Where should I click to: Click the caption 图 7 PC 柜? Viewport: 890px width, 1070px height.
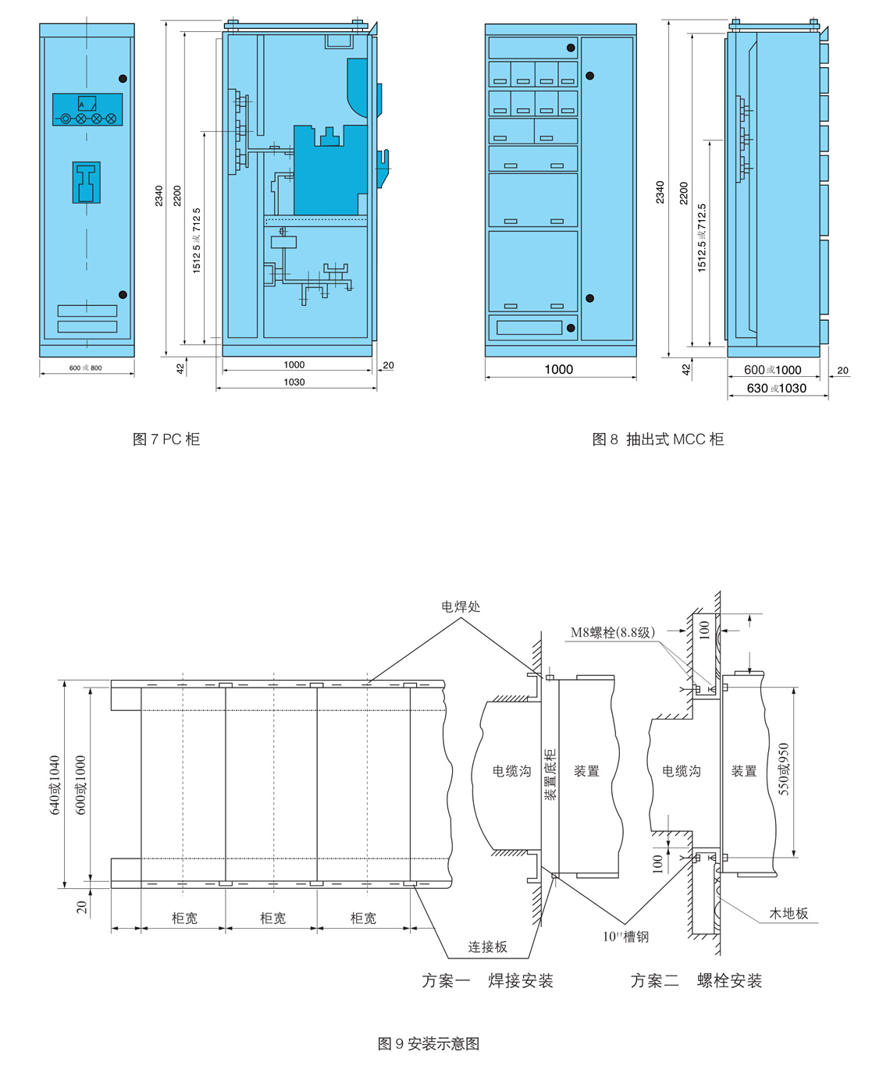click(166, 439)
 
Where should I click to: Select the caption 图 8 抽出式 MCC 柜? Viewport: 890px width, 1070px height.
click(658, 439)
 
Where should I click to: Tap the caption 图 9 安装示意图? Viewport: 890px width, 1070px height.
click(429, 1043)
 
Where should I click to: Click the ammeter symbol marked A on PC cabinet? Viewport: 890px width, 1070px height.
click(87, 104)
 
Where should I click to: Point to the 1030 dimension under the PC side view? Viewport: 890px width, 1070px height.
click(294, 382)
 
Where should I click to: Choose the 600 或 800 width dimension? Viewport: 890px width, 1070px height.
click(86, 368)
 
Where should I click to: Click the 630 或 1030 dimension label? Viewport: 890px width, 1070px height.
click(776, 388)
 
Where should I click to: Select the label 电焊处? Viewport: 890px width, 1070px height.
click(461, 606)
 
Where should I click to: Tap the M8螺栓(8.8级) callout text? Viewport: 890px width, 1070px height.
click(613, 632)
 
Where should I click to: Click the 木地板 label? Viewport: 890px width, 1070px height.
click(789, 912)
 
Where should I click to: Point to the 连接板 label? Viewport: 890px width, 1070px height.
click(487, 947)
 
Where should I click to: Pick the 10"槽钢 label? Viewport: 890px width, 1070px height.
click(625, 937)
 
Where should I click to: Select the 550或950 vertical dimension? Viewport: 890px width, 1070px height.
click(784, 770)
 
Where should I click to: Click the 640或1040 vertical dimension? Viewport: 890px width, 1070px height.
click(55, 785)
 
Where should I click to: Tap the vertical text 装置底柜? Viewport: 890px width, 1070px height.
click(550, 775)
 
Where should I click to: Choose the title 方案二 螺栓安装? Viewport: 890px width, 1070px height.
click(696, 979)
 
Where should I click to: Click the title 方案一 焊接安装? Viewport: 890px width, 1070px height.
click(487, 979)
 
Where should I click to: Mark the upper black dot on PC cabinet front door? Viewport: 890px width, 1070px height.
click(123, 78)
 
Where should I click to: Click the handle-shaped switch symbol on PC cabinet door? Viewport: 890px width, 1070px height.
click(86, 183)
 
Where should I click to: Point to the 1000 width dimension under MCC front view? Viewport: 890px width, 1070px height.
click(558, 369)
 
